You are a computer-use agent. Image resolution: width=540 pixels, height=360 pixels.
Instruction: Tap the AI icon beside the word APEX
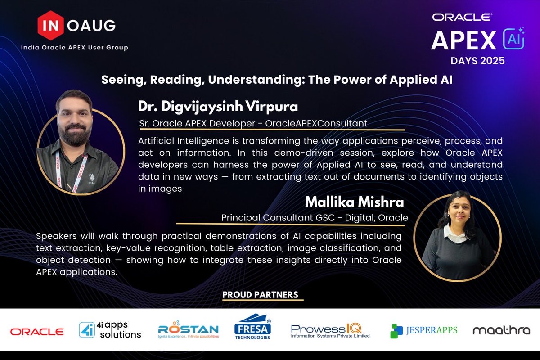point(513,40)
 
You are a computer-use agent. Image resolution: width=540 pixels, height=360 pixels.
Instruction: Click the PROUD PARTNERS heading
point(260,295)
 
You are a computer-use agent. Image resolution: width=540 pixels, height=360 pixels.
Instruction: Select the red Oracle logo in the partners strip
point(37,332)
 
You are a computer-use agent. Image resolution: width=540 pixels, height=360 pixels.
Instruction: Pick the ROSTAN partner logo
point(188,331)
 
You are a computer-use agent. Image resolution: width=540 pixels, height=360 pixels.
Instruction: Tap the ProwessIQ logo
point(330,331)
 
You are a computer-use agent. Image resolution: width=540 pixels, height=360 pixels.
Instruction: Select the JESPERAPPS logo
point(423,331)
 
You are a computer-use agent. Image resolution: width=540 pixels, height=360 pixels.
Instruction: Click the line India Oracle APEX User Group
point(75,48)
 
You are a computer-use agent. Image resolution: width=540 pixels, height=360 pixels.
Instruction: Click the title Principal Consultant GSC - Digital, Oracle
point(315,217)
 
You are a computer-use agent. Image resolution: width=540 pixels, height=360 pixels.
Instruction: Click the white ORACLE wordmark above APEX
point(462,17)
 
